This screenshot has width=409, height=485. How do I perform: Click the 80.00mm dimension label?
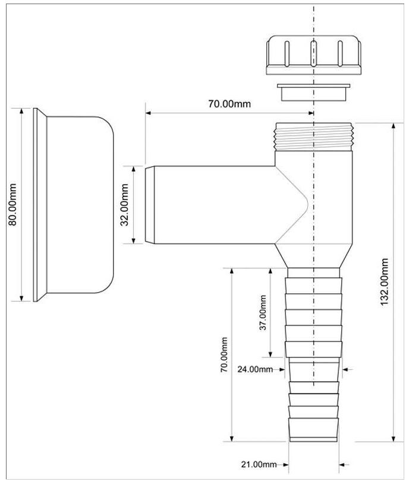click(x=12, y=204)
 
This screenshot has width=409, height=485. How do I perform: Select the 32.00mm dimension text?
click(x=125, y=205)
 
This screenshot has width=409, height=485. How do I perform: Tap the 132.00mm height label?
click(x=384, y=282)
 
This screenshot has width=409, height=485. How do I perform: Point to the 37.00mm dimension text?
click(x=263, y=312)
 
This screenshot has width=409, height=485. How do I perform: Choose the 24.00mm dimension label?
click(x=255, y=369)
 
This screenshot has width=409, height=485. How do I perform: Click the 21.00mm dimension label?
click(x=259, y=464)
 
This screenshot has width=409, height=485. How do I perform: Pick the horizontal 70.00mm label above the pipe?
click(x=229, y=104)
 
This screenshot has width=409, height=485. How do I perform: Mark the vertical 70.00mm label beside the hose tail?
click(x=224, y=354)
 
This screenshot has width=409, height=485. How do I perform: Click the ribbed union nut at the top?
click(x=313, y=55)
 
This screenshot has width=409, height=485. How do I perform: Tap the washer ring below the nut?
click(x=313, y=92)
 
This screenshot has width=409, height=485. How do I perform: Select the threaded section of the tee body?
click(x=313, y=137)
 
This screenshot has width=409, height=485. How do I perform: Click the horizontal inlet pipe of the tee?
click(x=214, y=205)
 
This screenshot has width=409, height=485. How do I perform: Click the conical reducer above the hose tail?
click(x=313, y=256)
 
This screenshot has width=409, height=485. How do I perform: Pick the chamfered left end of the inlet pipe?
click(x=150, y=205)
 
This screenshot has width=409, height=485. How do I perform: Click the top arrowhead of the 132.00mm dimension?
click(x=394, y=125)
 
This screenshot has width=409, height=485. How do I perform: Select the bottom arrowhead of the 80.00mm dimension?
click(x=21, y=299)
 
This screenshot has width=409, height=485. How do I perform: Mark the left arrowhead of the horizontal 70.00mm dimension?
click(x=148, y=113)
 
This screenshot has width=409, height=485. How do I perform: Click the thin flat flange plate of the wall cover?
click(x=35, y=205)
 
